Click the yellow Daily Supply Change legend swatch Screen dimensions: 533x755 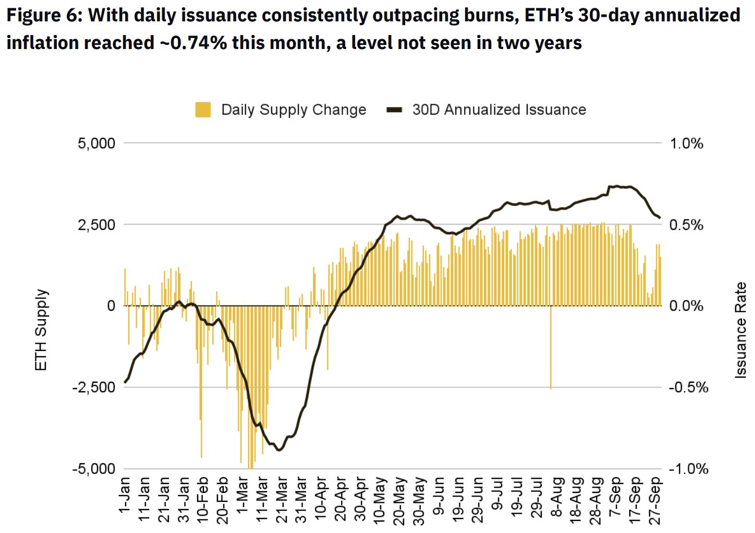click(x=203, y=110)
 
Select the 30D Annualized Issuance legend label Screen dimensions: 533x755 click(x=499, y=110)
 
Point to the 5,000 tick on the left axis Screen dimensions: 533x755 click(x=96, y=143)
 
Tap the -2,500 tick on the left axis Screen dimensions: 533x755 click(x=94, y=387)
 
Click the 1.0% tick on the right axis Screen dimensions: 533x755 click(x=686, y=143)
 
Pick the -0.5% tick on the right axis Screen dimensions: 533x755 click(x=688, y=387)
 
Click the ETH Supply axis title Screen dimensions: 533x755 click(x=41, y=330)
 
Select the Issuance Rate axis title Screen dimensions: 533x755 click(x=740, y=330)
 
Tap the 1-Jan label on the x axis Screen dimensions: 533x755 click(x=125, y=494)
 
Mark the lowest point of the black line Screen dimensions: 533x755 click(x=279, y=450)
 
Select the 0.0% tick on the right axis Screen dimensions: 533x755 click(x=686, y=306)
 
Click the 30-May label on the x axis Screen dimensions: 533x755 click(x=419, y=500)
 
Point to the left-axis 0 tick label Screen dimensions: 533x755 click(x=111, y=306)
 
